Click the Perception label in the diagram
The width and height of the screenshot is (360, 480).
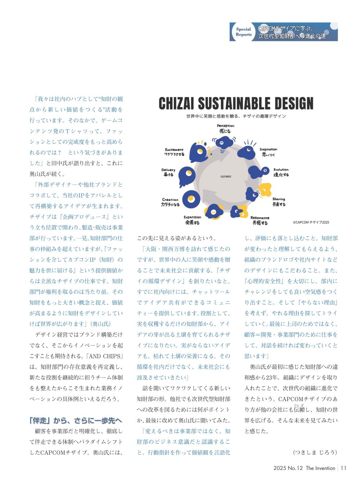[226, 129]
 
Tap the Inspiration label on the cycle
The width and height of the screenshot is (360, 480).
[268, 152]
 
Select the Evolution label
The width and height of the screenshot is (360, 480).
[281, 172]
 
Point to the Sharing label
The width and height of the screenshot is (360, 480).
[279, 202]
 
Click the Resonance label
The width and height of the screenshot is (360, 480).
[260, 220]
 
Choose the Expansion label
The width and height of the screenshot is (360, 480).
[192, 220]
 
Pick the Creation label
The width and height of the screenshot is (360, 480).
[170, 202]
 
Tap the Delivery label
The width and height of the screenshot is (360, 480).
[168, 172]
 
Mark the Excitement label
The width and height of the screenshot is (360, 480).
[174, 152]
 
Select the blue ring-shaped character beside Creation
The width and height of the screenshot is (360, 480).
[191, 198]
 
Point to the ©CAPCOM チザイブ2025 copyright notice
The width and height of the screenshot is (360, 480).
[311, 222]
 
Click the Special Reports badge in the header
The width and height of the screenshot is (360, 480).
[244, 32]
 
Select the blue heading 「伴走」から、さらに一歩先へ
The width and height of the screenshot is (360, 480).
[76, 420]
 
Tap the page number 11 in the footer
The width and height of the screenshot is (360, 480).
[343, 468]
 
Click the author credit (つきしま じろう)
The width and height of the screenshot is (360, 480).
[315, 452]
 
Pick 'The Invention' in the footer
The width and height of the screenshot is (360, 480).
[320, 468]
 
